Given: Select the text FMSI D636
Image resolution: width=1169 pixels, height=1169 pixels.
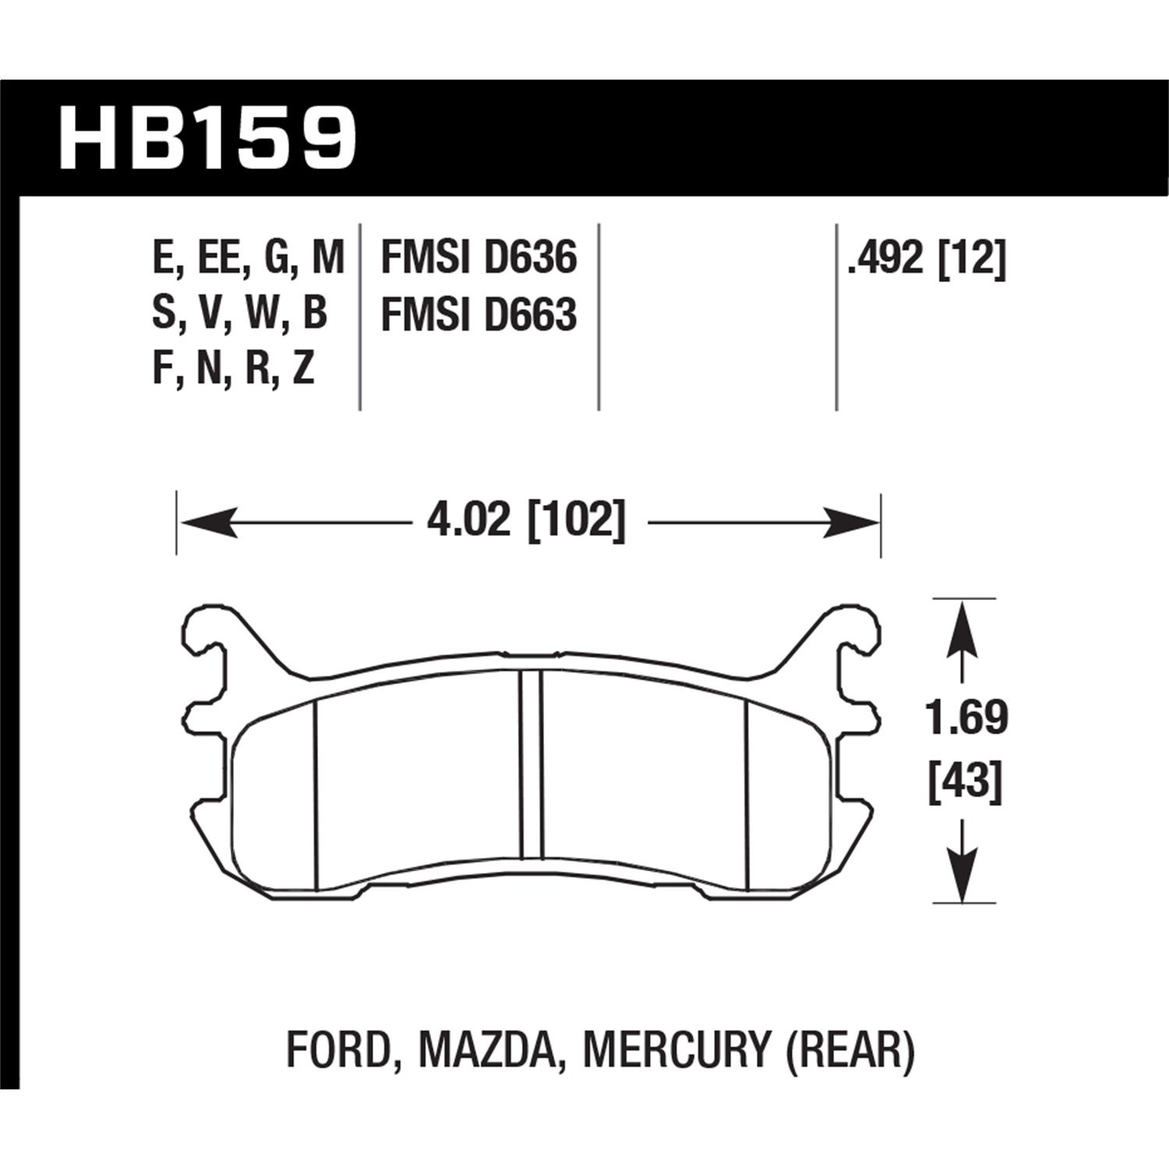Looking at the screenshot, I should (x=479, y=258).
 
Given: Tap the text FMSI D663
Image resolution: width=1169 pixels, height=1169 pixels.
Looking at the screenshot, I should (x=479, y=316).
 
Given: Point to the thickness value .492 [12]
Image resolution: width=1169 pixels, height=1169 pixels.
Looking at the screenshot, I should (x=927, y=258).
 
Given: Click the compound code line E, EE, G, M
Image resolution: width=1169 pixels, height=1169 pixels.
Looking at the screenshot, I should (x=248, y=258).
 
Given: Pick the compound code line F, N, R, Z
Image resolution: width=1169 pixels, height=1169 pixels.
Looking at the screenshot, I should (x=233, y=369).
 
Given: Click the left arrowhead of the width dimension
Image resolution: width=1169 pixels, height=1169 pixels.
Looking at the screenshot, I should (x=207, y=521).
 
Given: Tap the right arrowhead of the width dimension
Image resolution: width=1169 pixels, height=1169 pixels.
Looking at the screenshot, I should (x=853, y=521).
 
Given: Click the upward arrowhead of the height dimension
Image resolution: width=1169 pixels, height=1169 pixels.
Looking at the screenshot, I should (x=965, y=623).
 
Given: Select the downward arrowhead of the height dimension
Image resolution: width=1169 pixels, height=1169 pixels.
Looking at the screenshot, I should (x=965, y=877).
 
